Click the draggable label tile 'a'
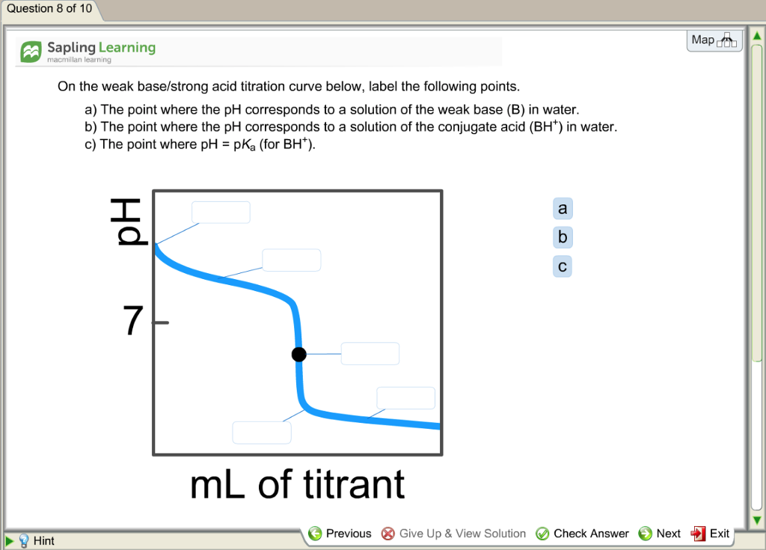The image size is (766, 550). pyautogui.click(x=563, y=209)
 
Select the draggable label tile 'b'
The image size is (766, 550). pyautogui.click(x=563, y=238)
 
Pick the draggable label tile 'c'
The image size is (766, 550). pyautogui.click(x=563, y=266)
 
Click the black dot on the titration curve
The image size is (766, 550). pyautogui.click(x=299, y=354)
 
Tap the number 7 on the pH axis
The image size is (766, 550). pyautogui.click(x=133, y=320)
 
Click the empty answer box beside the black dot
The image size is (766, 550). pyautogui.click(x=370, y=353)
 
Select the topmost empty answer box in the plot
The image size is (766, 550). pyautogui.click(x=221, y=213)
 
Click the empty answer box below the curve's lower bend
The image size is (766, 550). pyautogui.click(x=262, y=433)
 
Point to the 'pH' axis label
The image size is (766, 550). pyautogui.click(x=128, y=221)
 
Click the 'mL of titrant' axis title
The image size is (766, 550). pyautogui.click(x=298, y=484)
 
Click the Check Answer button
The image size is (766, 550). pyautogui.click(x=582, y=534)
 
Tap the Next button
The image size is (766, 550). pyautogui.click(x=660, y=534)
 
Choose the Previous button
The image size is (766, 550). pyautogui.click(x=340, y=534)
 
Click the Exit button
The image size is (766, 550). pyautogui.click(x=710, y=534)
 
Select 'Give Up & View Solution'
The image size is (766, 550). pyautogui.click(x=453, y=534)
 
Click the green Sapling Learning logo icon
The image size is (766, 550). pyautogui.click(x=31, y=52)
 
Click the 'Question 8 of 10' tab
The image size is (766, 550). pyautogui.click(x=49, y=9)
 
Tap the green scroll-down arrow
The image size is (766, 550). pyautogui.click(x=757, y=520)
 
